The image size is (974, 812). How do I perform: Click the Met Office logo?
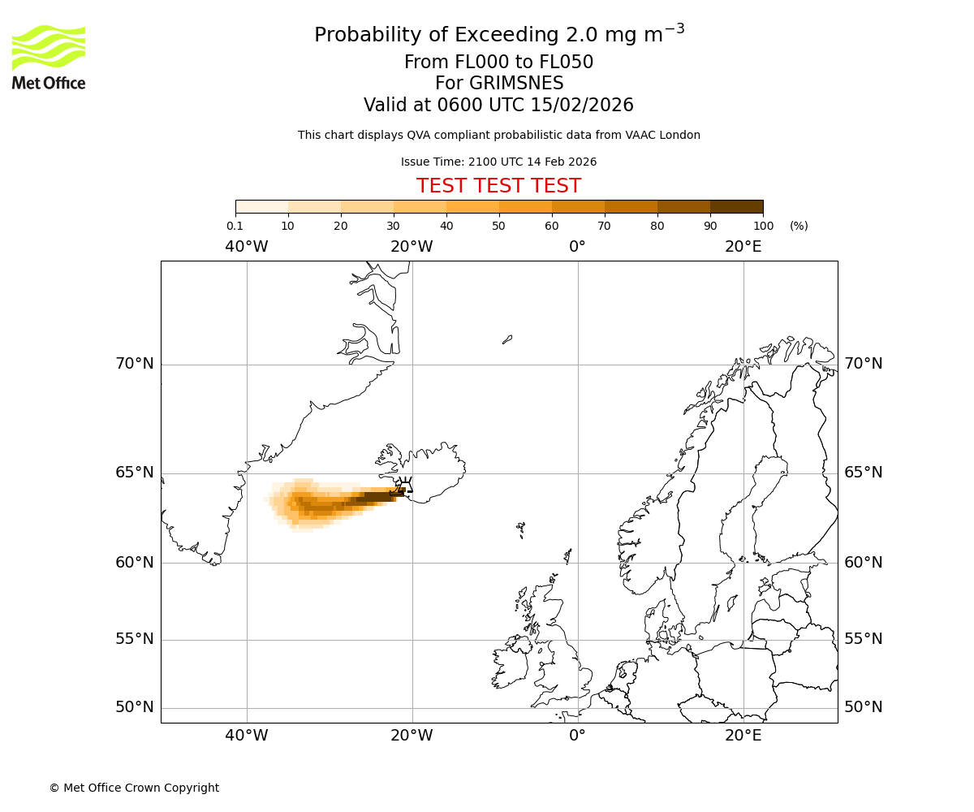point(49,57)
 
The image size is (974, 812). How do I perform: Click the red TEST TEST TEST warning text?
point(498,186)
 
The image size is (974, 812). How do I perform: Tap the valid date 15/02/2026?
point(582,106)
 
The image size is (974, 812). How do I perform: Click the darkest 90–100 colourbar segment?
point(736,207)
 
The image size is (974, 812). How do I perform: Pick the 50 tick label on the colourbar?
point(498,226)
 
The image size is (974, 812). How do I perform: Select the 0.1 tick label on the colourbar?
point(235,226)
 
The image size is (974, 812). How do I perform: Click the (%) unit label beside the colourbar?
point(799,226)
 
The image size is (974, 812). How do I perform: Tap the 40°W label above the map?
point(247,247)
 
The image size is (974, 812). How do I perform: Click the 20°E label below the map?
point(743,736)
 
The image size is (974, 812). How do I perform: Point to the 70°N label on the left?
point(134,364)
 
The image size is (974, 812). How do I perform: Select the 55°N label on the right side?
point(864,639)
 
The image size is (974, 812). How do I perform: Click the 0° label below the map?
point(577,736)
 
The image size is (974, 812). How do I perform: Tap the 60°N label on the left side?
point(134,562)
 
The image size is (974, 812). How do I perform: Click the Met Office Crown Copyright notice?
point(134,788)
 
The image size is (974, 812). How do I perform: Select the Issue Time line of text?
point(498,162)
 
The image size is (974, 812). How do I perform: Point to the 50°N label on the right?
point(864,707)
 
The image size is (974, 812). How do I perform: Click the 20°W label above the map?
point(412,247)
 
